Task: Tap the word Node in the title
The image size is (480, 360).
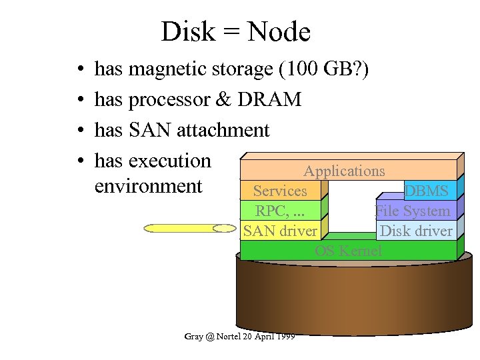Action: pos(280,31)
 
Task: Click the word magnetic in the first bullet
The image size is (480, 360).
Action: pos(169,69)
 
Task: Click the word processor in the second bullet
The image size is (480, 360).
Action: pos(169,99)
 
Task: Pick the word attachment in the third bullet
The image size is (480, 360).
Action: pos(223,130)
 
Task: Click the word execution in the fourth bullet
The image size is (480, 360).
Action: pos(169,161)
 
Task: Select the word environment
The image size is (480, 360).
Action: pos(148,185)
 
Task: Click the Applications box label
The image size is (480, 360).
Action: pos(344,171)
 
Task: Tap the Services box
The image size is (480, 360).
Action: pos(280,191)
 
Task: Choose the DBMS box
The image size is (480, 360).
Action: pos(427,191)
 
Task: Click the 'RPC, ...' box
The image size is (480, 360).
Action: pos(280,211)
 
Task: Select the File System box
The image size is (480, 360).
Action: pos(413,211)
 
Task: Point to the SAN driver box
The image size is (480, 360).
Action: pos(280,231)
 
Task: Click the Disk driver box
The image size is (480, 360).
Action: pos(415,231)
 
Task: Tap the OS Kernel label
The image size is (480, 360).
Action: pos(349,251)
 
